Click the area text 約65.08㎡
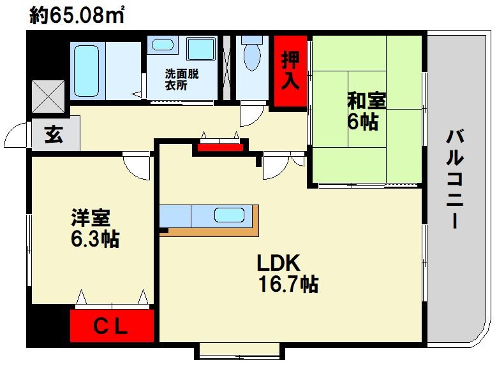[x=77, y=15]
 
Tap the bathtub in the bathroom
[x=86, y=71]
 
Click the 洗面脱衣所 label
[x=181, y=80]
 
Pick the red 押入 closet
[x=290, y=71]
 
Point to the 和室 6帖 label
[x=367, y=111]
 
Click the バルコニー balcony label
[x=455, y=178]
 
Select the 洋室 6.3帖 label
[x=95, y=227]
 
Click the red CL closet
[x=112, y=326]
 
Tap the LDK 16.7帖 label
[x=288, y=273]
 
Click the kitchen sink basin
[x=229, y=215]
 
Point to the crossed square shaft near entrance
[x=48, y=96]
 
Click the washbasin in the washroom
[x=162, y=44]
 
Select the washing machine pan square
[x=201, y=48]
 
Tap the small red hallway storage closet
[x=220, y=147]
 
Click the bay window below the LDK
[x=239, y=351]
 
